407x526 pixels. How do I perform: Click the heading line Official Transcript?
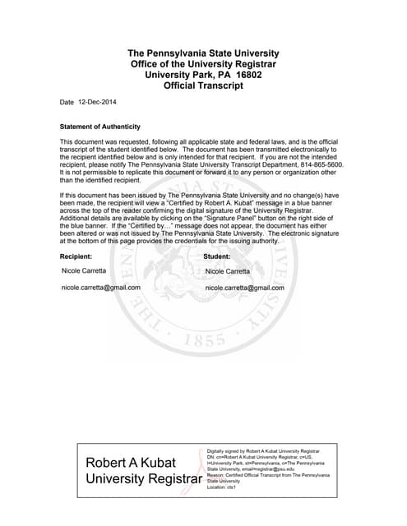pos(203,85)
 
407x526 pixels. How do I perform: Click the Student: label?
pos(217,256)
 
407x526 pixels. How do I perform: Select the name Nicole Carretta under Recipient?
pos(84,270)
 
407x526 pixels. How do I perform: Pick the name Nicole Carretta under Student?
pos(227,270)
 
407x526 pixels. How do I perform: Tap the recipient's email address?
pos(101,288)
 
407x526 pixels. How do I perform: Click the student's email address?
pos(244,288)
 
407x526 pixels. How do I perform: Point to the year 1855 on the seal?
pos(206,340)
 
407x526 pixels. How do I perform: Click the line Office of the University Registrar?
pos(203,63)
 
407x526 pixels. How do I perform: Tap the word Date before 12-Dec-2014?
pos(67,102)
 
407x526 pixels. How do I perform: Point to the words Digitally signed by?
pos(225,451)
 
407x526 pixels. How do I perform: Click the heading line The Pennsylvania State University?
pos(203,53)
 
